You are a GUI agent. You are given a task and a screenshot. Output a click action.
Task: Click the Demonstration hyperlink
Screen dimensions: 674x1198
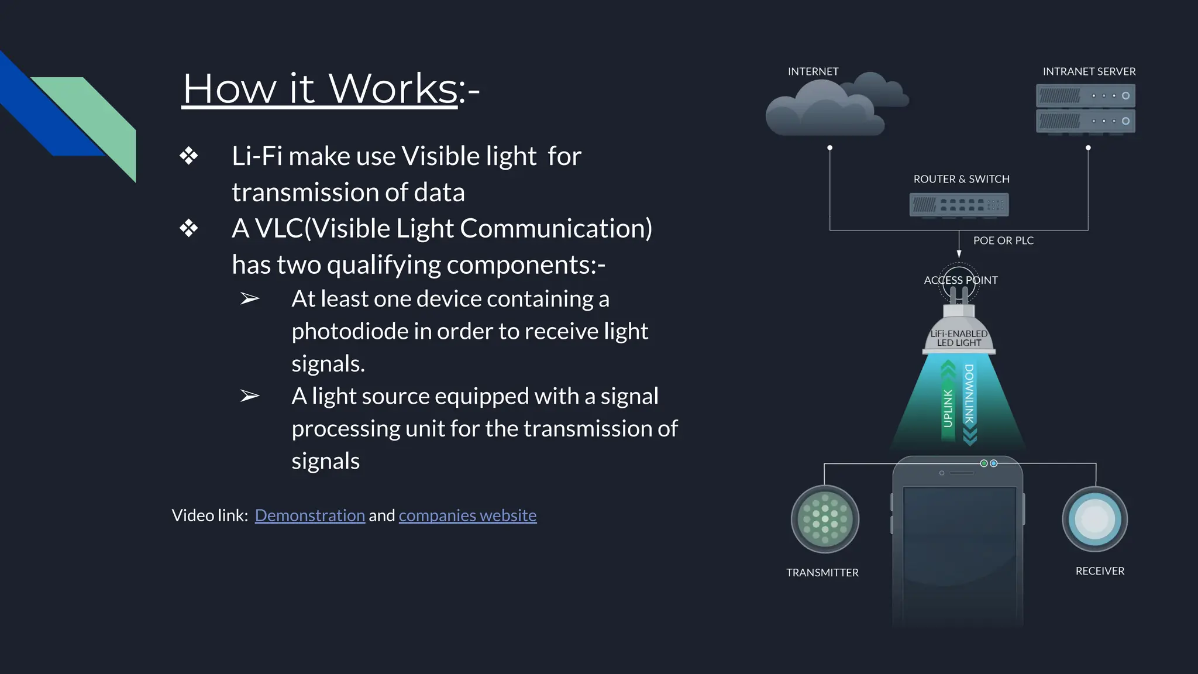(309, 515)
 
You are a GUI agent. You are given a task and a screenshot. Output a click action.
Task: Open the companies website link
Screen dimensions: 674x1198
(467, 515)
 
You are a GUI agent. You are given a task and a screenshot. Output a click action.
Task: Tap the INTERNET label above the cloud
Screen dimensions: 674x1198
(813, 71)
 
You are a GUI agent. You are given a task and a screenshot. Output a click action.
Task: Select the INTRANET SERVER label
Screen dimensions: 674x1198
(1089, 71)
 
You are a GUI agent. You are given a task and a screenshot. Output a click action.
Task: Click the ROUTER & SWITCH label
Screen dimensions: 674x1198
(961, 179)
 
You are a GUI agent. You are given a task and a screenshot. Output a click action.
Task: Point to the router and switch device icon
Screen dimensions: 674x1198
(959, 205)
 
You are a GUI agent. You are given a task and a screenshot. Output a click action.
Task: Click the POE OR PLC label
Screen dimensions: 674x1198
(1003, 240)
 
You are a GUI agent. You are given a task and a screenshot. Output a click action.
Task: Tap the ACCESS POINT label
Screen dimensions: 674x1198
(961, 280)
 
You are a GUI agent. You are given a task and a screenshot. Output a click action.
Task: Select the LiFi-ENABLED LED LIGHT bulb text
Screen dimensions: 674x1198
(959, 338)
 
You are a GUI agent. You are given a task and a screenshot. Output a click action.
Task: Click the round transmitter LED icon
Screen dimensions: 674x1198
(825, 520)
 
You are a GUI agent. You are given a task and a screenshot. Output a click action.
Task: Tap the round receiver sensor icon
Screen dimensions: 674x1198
(1094, 519)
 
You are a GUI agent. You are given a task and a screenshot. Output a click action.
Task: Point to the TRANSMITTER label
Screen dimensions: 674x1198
(822, 573)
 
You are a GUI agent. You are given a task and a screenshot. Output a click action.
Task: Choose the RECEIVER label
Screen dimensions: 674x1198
(1100, 571)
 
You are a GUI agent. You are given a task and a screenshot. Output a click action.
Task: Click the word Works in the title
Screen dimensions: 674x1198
(393, 89)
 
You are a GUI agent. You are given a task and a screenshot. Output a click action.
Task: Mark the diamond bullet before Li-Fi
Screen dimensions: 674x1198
(189, 156)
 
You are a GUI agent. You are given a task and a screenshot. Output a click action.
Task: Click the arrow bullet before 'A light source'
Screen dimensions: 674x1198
(250, 396)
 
